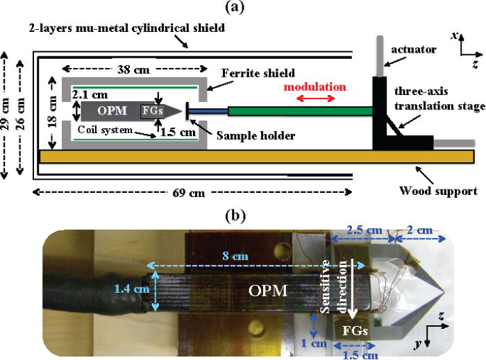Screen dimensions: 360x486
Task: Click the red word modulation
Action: (314, 87)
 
